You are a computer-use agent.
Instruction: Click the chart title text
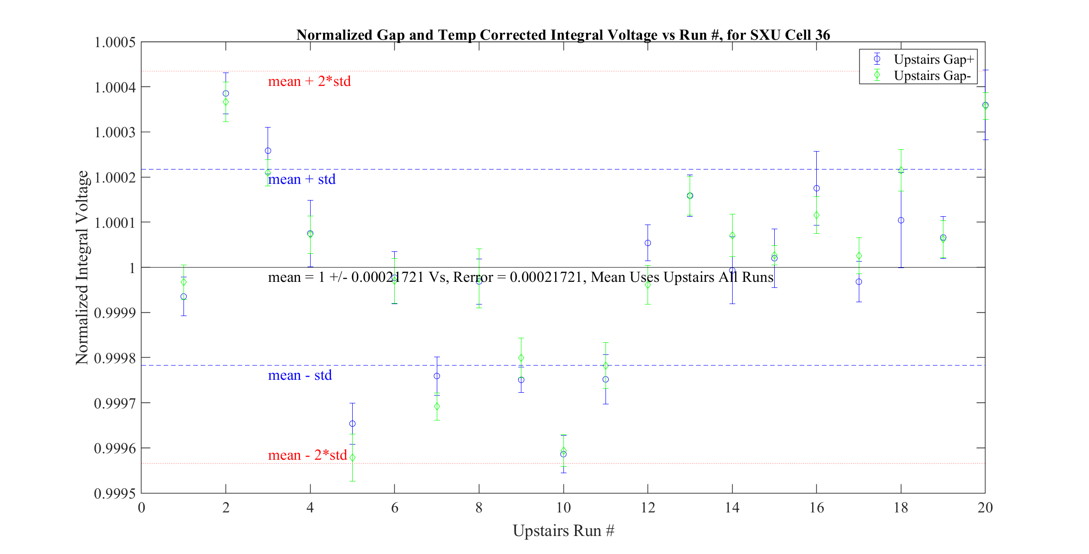pyautogui.click(x=563, y=35)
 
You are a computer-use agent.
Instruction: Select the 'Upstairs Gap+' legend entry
pyautogui.click(x=933, y=59)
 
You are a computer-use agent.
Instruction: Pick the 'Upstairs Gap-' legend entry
pyautogui.click(x=932, y=75)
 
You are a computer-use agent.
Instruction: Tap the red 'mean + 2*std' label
pyautogui.click(x=309, y=81)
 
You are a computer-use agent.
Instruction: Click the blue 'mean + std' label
pyautogui.click(x=302, y=179)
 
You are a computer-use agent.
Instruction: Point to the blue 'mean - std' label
pyautogui.click(x=300, y=375)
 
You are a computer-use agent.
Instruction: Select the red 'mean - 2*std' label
pyautogui.click(x=307, y=455)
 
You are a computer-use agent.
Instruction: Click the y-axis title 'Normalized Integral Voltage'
pyautogui.click(x=82, y=268)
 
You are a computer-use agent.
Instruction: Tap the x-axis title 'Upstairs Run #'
pyautogui.click(x=563, y=530)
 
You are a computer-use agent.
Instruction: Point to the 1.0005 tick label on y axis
pyautogui.click(x=115, y=43)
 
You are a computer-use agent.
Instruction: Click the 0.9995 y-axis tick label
pyautogui.click(x=115, y=493)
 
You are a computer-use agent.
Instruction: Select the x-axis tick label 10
pyautogui.click(x=563, y=508)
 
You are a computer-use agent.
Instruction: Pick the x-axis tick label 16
pyautogui.click(x=816, y=508)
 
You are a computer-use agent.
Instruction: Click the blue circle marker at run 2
pyautogui.click(x=226, y=93)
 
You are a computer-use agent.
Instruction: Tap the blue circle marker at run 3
pyautogui.click(x=268, y=151)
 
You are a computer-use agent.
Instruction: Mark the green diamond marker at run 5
pyautogui.click(x=352, y=458)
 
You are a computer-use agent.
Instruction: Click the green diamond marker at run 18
pyautogui.click(x=901, y=170)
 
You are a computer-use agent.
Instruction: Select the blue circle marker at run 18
pyautogui.click(x=901, y=220)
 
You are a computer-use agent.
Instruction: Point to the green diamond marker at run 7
pyautogui.click(x=437, y=407)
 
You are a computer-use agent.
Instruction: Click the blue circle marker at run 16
pyautogui.click(x=817, y=189)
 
